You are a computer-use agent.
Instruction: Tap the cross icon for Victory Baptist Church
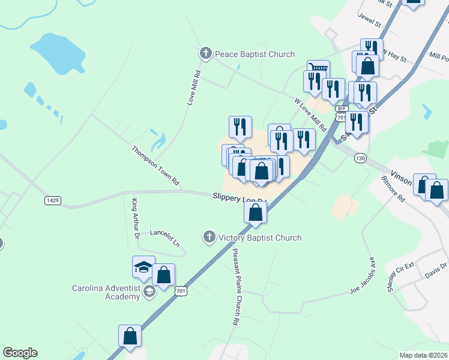click(x=209, y=237)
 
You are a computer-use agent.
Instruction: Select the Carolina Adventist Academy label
click(x=107, y=292)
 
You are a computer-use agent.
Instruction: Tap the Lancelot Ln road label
click(x=164, y=238)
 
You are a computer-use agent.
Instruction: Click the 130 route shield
click(x=360, y=158)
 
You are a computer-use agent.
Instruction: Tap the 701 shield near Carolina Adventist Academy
click(x=181, y=291)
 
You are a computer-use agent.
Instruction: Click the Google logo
click(x=20, y=353)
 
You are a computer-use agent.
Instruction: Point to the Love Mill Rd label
click(x=194, y=88)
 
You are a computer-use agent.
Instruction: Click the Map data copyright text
click(x=423, y=355)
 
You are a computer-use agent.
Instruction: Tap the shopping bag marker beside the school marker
click(x=163, y=275)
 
